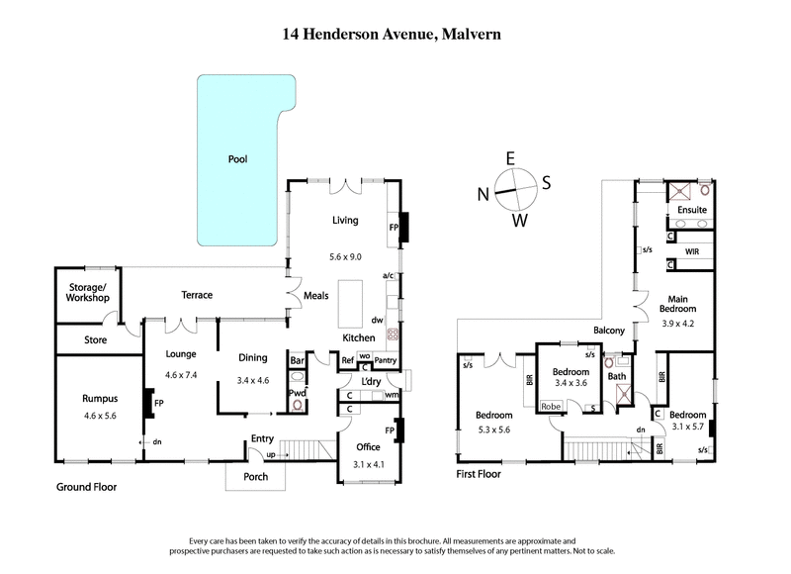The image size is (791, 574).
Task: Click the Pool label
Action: point(237,158)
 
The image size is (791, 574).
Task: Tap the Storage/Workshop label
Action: point(81,292)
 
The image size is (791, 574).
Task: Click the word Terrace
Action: point(197,295)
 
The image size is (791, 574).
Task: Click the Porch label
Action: point(254,476)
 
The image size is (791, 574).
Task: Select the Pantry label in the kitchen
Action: point(386,360)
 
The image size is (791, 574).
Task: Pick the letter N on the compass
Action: point(484,194)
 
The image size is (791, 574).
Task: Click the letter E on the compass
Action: point(510,158)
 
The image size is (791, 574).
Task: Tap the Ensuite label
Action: point(691,210)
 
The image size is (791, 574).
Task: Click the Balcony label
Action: point(609,330)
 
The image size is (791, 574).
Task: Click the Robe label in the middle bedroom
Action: point(551,406)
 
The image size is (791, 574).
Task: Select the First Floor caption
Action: point(479,474)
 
